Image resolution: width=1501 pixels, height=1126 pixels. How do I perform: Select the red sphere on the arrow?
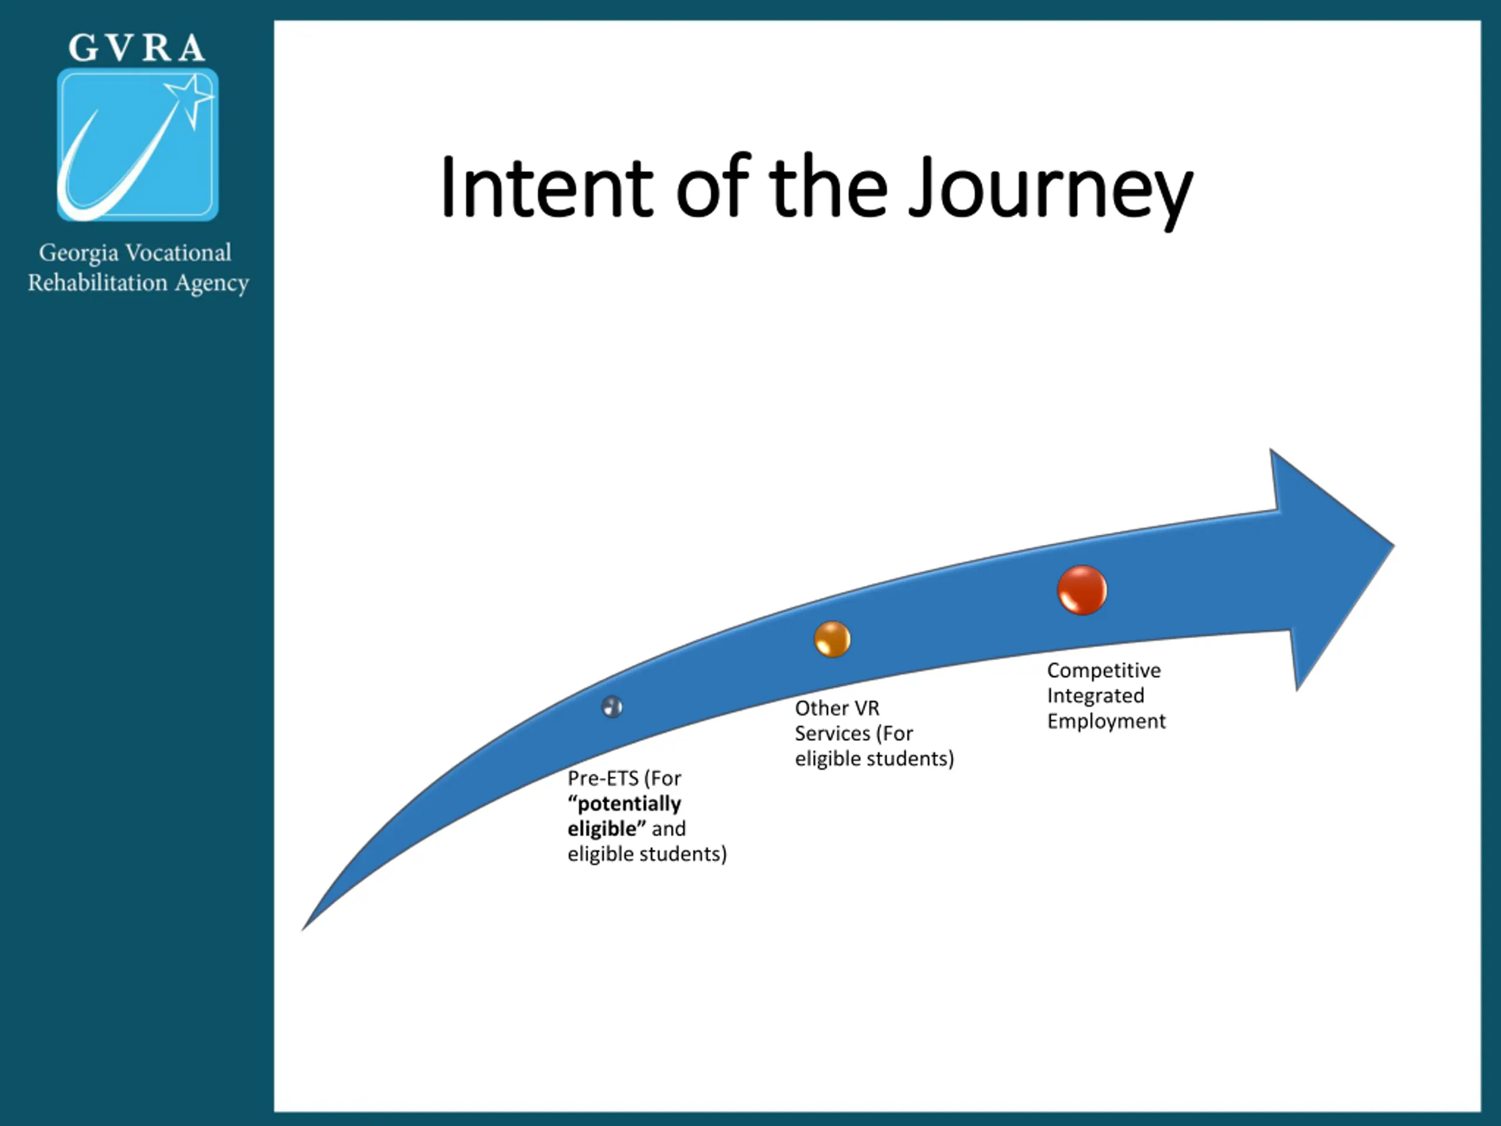click(1082, 590)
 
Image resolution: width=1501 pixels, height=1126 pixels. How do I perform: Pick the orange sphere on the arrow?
click(832, 639)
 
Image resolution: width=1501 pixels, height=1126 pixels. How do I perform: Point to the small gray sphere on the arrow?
click(612, 707)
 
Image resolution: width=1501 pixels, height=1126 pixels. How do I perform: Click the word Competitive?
click(1103, 670)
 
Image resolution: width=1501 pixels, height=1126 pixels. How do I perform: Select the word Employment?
click(1105, 721)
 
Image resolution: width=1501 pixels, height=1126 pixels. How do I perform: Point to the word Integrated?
click(1095, 695)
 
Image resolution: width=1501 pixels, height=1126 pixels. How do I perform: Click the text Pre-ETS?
click(603, 778)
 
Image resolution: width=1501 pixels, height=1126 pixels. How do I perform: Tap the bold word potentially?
click(629, 803)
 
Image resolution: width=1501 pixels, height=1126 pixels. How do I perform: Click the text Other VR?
click(837, 708)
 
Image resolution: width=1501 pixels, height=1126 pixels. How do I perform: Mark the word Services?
click(832, 733)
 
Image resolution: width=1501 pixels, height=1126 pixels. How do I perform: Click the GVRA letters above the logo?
click(137, 48)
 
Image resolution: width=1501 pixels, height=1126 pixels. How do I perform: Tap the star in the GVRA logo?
click(191, 96)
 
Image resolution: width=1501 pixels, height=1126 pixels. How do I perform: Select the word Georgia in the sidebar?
click(78, 253)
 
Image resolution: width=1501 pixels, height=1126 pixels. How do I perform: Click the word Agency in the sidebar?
click(212, 283)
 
